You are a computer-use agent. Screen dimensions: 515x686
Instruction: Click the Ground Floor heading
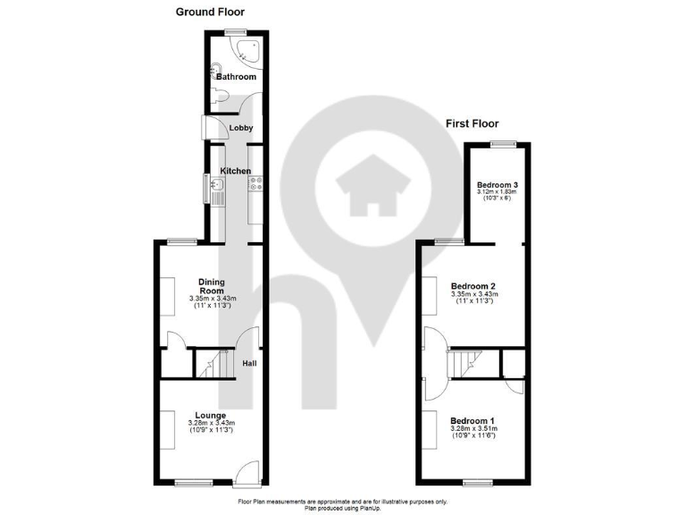click(x=210, y=12)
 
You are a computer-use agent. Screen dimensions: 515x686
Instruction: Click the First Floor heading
click(x=472, y=123)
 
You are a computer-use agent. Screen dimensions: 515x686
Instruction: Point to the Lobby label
click(x=241, y=128)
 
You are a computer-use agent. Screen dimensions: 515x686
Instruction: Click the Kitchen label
click(x=236, y=171)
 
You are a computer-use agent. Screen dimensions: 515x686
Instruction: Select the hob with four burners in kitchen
click(x=255, y=184)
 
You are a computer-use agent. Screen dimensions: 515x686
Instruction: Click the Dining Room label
click(x=212, y=286)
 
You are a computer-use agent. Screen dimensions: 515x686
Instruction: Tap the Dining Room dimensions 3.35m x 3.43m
click(x=212, y=299)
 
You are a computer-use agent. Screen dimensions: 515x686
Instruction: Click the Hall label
click(x=251, y=362)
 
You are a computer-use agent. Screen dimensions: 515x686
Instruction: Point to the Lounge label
click(x=211, y=415)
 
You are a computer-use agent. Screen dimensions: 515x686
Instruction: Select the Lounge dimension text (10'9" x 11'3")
click(x=211, y=430)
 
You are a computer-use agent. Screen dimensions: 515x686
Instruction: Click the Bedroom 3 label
click(x=498, y=185)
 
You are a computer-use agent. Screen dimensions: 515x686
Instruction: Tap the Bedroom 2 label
click(x=473, y=286)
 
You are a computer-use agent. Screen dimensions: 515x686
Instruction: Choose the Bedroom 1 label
click(x=473, y=421)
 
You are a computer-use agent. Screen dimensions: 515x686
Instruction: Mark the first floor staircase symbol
click(x=464, y=363)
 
